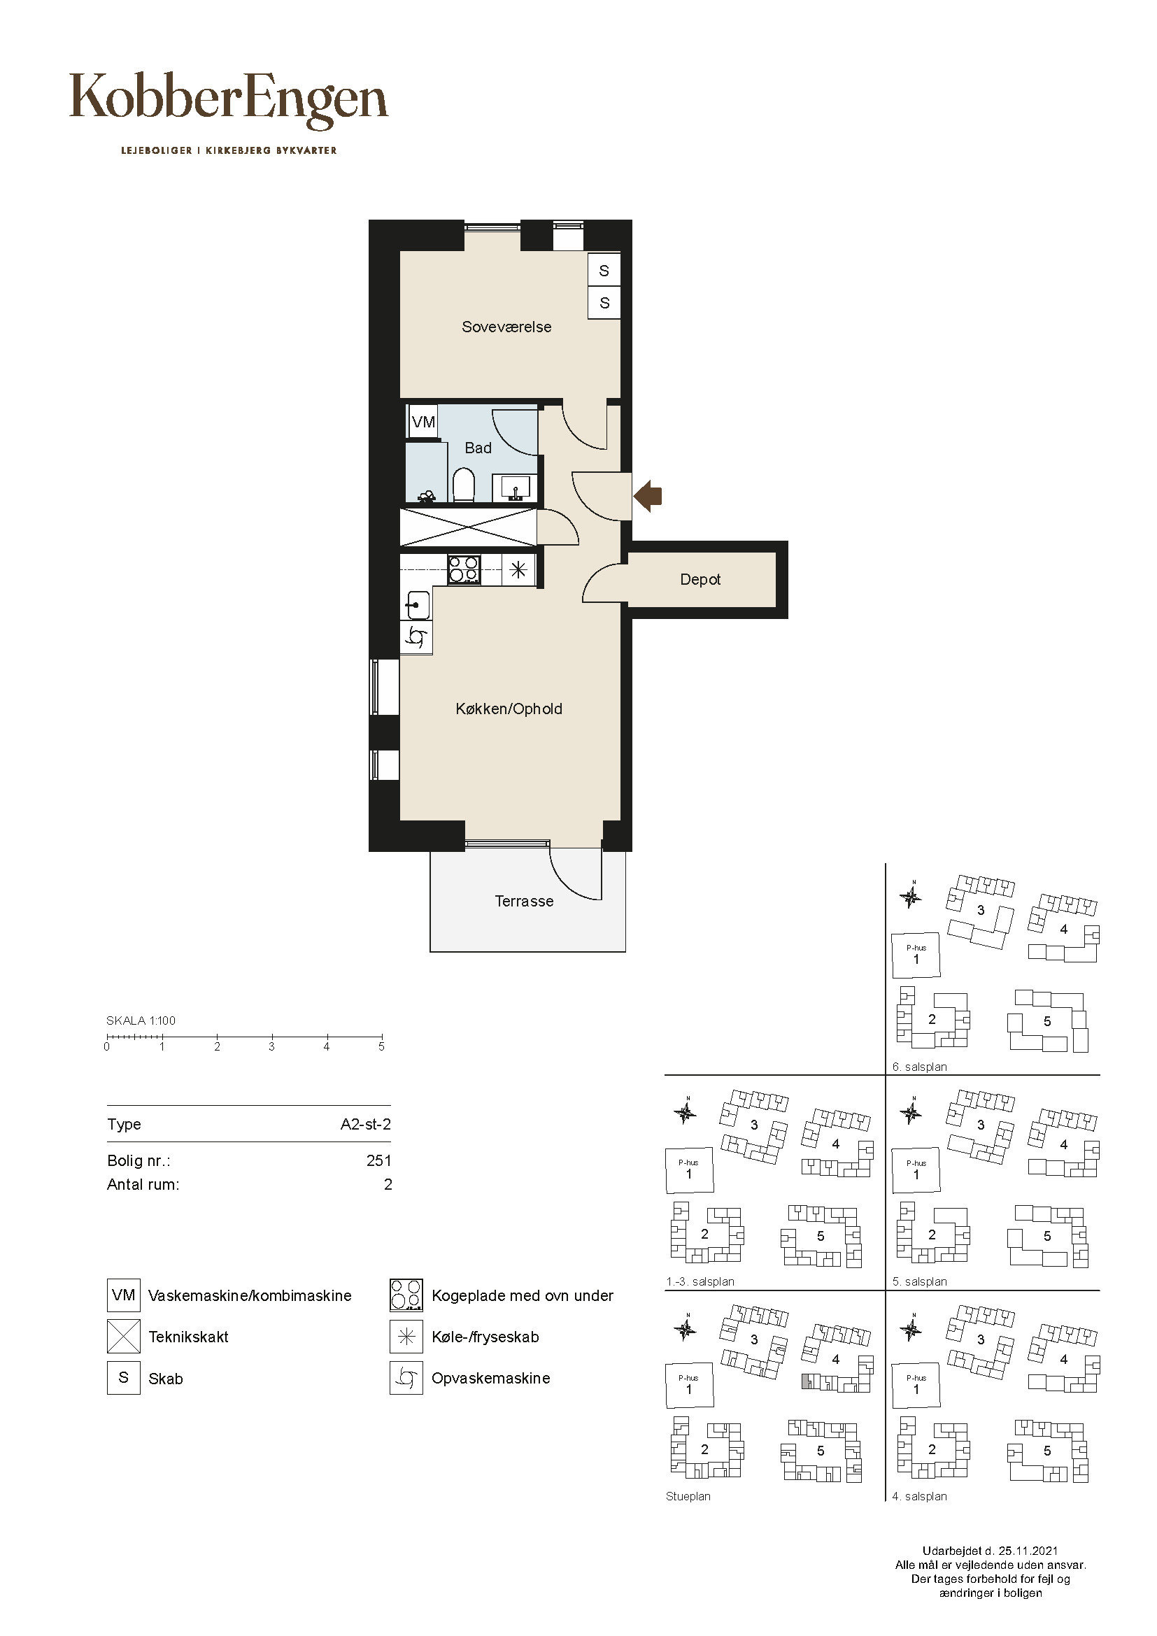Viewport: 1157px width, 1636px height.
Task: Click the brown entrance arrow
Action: click(x=648, y=495)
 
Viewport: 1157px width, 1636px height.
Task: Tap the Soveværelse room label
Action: click(x=506, y=327)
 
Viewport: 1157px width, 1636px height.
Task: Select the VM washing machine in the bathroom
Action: click(x=423, y=422)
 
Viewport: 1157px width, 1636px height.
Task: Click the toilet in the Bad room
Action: click(x=464, y=485)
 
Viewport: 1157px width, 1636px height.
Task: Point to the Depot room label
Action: click(x=700, y=580)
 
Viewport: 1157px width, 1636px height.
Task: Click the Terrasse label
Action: click(x=525, y=902)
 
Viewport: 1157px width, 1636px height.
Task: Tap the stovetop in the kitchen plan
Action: click(x=464, y=570)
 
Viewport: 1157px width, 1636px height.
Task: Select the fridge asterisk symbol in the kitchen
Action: click(x=518, y=570)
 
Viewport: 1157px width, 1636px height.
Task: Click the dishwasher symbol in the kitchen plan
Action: click(x=416, y=637)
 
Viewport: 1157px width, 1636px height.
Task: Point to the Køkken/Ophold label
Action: click(x=509, y=709)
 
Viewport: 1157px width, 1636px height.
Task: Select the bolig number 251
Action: click(x=379, y=1161)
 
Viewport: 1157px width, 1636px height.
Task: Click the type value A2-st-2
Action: click(x=365, y=1125)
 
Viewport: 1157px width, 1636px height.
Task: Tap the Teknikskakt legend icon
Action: click(x=123, y=1337)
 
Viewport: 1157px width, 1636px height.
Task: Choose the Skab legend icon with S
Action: click(x=123, y=1378)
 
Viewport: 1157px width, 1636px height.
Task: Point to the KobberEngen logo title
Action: click(x=229, y=101)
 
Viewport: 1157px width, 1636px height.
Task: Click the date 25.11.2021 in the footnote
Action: click(x=1028, y=1551)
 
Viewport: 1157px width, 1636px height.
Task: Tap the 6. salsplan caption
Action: click(x=920, y=1067)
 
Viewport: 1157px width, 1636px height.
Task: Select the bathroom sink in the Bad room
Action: click(x=515, y=489)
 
